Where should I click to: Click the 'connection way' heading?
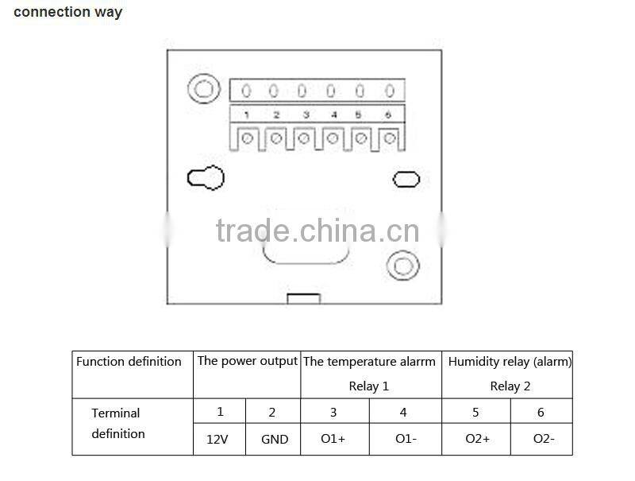(68, 12)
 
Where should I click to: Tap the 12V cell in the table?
(220, 439)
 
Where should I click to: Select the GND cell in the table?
(274, 439)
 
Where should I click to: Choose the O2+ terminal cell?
(475, 439)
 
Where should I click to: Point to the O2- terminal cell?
(544, 439)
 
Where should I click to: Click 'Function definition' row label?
(129, 362)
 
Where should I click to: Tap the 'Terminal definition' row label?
(117, 424)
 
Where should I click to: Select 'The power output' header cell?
(247, 361)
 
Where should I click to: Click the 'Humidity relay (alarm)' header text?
(510, 361)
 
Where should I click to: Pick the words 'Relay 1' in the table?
(369, 386)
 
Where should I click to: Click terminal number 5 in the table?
(475, 412)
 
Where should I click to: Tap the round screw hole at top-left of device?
(204, 88)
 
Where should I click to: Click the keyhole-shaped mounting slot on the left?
(206, 178)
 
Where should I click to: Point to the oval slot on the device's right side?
(407, 179)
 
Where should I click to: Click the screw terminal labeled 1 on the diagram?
(248, 139)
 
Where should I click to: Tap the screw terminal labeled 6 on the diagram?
(389, 139)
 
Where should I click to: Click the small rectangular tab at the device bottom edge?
(303, 299)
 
